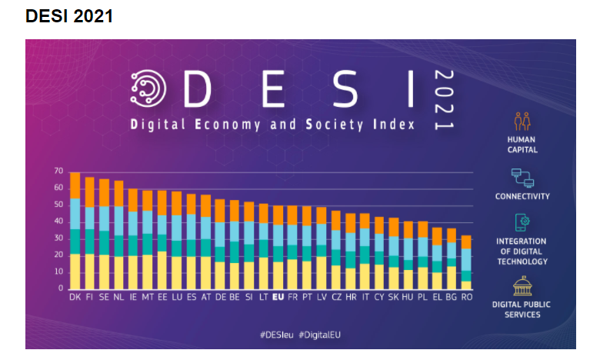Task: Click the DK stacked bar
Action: [75, 231]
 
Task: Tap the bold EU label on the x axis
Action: [278, 296]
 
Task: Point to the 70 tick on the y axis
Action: [58, 171]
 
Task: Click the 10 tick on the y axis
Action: [58, 272]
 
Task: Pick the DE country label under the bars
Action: [221, 296]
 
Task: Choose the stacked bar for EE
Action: [162, 239]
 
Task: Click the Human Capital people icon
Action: [522, 122]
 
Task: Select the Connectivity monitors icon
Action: [522, 178]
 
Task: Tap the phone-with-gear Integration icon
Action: [522, 223]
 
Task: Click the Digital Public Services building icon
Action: [522, 287]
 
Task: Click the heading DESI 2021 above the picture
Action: [69, 16]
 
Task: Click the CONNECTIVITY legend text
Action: [522, 196]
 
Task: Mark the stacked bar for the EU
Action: [278, 247]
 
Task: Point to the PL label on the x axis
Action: [422, 296]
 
